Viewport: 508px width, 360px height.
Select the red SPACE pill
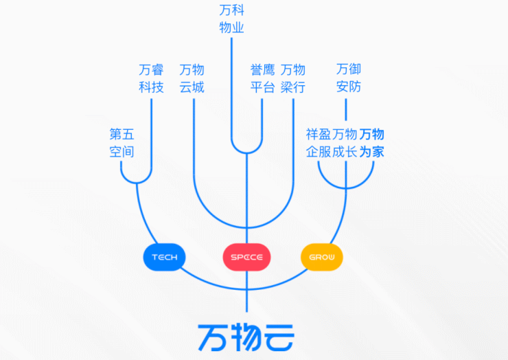coord(247,257)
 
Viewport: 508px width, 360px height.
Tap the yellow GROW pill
coord(321,257)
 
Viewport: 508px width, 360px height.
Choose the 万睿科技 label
coord(151,78)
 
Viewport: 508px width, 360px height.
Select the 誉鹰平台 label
coord(263,78)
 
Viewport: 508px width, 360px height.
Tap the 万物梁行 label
coord(293,78)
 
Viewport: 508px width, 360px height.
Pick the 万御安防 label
coord(349,78)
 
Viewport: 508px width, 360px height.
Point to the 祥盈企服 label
coord(319,142)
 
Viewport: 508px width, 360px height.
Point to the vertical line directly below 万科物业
coord(232,89)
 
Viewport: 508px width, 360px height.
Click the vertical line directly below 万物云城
coord(194,137)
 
